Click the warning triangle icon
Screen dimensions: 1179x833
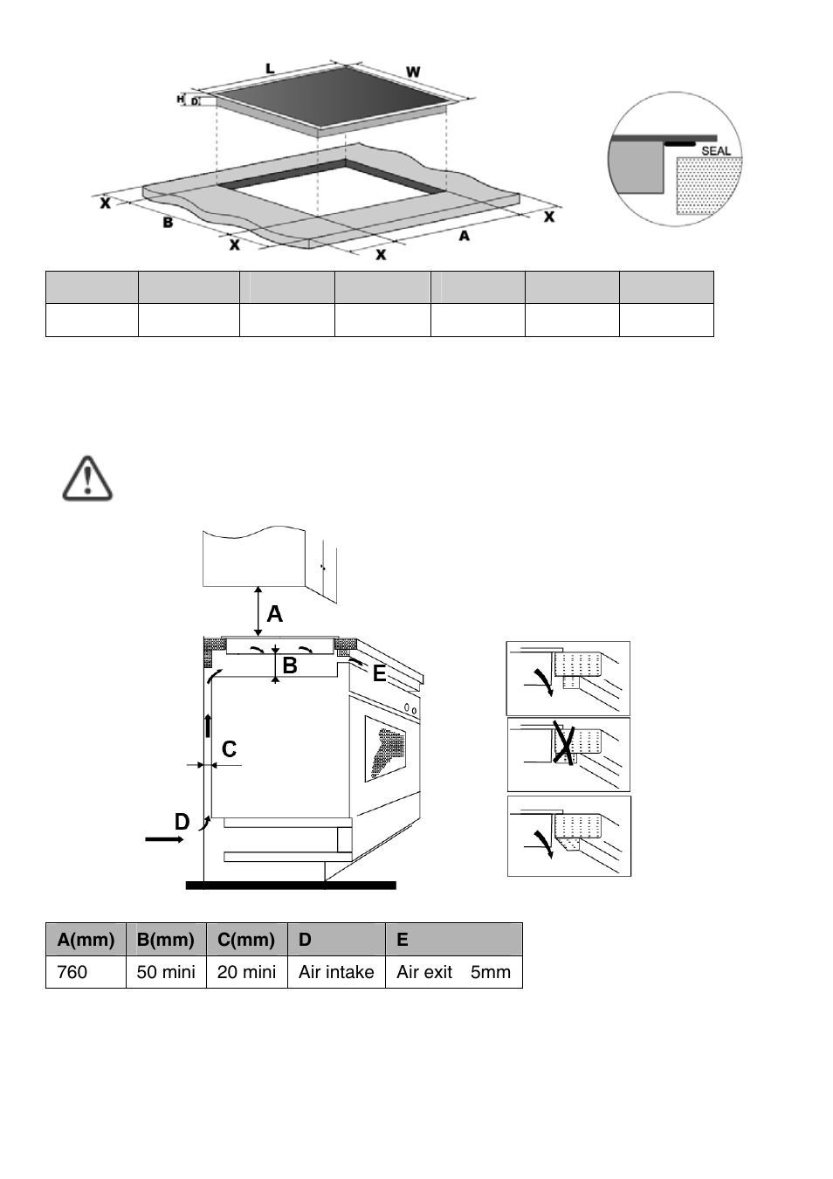tap(87, 478)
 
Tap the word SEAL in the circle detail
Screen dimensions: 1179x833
tap(716, 150)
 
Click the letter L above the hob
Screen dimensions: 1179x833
tap(270, 67)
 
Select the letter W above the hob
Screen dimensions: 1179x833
tap(413, 71)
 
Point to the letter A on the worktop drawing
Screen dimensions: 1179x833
tap(464, 235)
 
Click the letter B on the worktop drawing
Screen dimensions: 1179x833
tap(168, 223)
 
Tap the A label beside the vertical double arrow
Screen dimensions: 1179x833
tap(275, 615)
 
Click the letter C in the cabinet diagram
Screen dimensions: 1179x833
tap(229, 749)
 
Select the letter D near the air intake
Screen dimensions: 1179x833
tap(182, 822)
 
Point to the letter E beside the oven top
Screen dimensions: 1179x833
tap(379, 673)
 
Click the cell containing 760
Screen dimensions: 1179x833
tap(86, 972)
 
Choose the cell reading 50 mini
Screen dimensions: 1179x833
tap(166, 972)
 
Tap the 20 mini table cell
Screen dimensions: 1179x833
tap(246, 972)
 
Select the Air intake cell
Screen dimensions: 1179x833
tap(336, 972)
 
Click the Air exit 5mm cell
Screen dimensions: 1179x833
tap(453, 972)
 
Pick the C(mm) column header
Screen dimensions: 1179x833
tap(246, 940)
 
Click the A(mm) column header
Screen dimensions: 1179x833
tap(86, 940)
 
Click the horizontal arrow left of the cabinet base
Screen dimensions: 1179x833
tap(164, 839)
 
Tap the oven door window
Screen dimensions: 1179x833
tap(386, 748)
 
